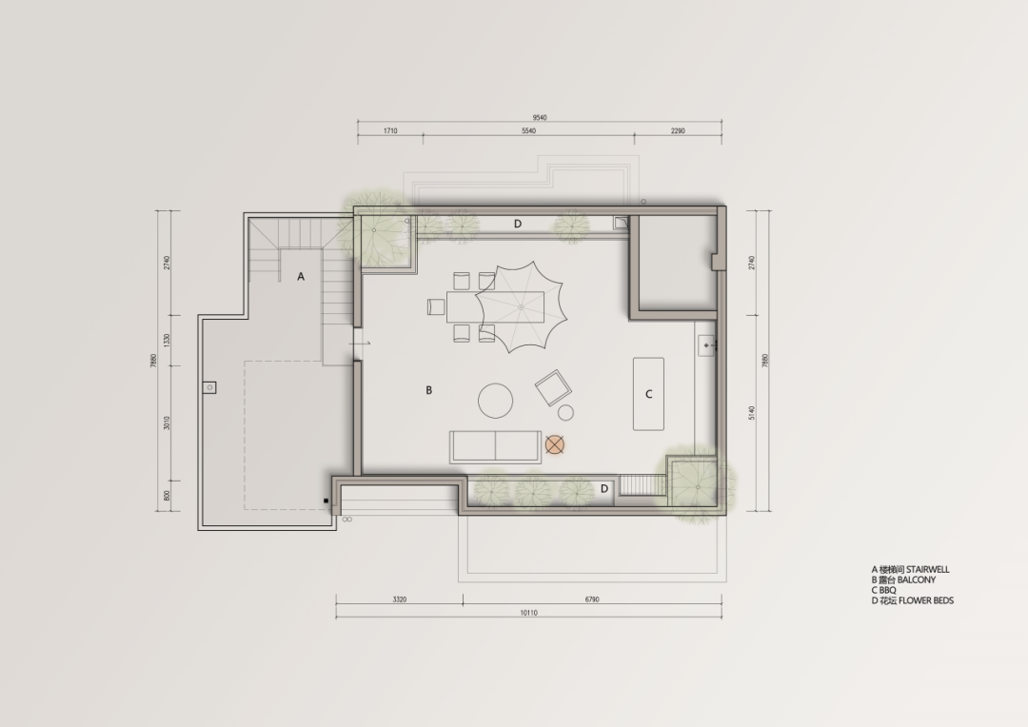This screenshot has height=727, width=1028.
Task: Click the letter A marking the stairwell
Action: click(x=301, y=276)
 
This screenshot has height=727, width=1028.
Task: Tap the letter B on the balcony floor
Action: click(x=429, y=390)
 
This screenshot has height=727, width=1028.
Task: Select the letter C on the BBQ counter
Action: click(x=649, y=394)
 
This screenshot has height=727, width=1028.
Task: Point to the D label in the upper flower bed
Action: click(x=518, y=224)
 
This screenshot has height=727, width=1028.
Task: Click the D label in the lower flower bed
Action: click(x=603, y=488)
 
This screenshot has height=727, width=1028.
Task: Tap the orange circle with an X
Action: click(x=556, y=443)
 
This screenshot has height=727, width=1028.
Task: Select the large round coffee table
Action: click(x=496, y=401)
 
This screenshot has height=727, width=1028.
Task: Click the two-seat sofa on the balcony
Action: click(x=495, y=445)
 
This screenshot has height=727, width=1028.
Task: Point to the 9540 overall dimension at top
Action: click(x=540, y=118)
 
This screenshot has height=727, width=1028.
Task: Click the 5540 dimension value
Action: click(x=528, y=130)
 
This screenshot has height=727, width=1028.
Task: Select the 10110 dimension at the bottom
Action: click(x=529, y=613)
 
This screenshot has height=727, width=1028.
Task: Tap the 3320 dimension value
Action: click(x=400, y=600)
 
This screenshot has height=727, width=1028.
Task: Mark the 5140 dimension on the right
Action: click(x=752, y=412)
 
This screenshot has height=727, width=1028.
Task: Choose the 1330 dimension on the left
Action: click(x=166, y=340)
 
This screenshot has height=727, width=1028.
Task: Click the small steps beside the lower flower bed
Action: click(x=642, y=485)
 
